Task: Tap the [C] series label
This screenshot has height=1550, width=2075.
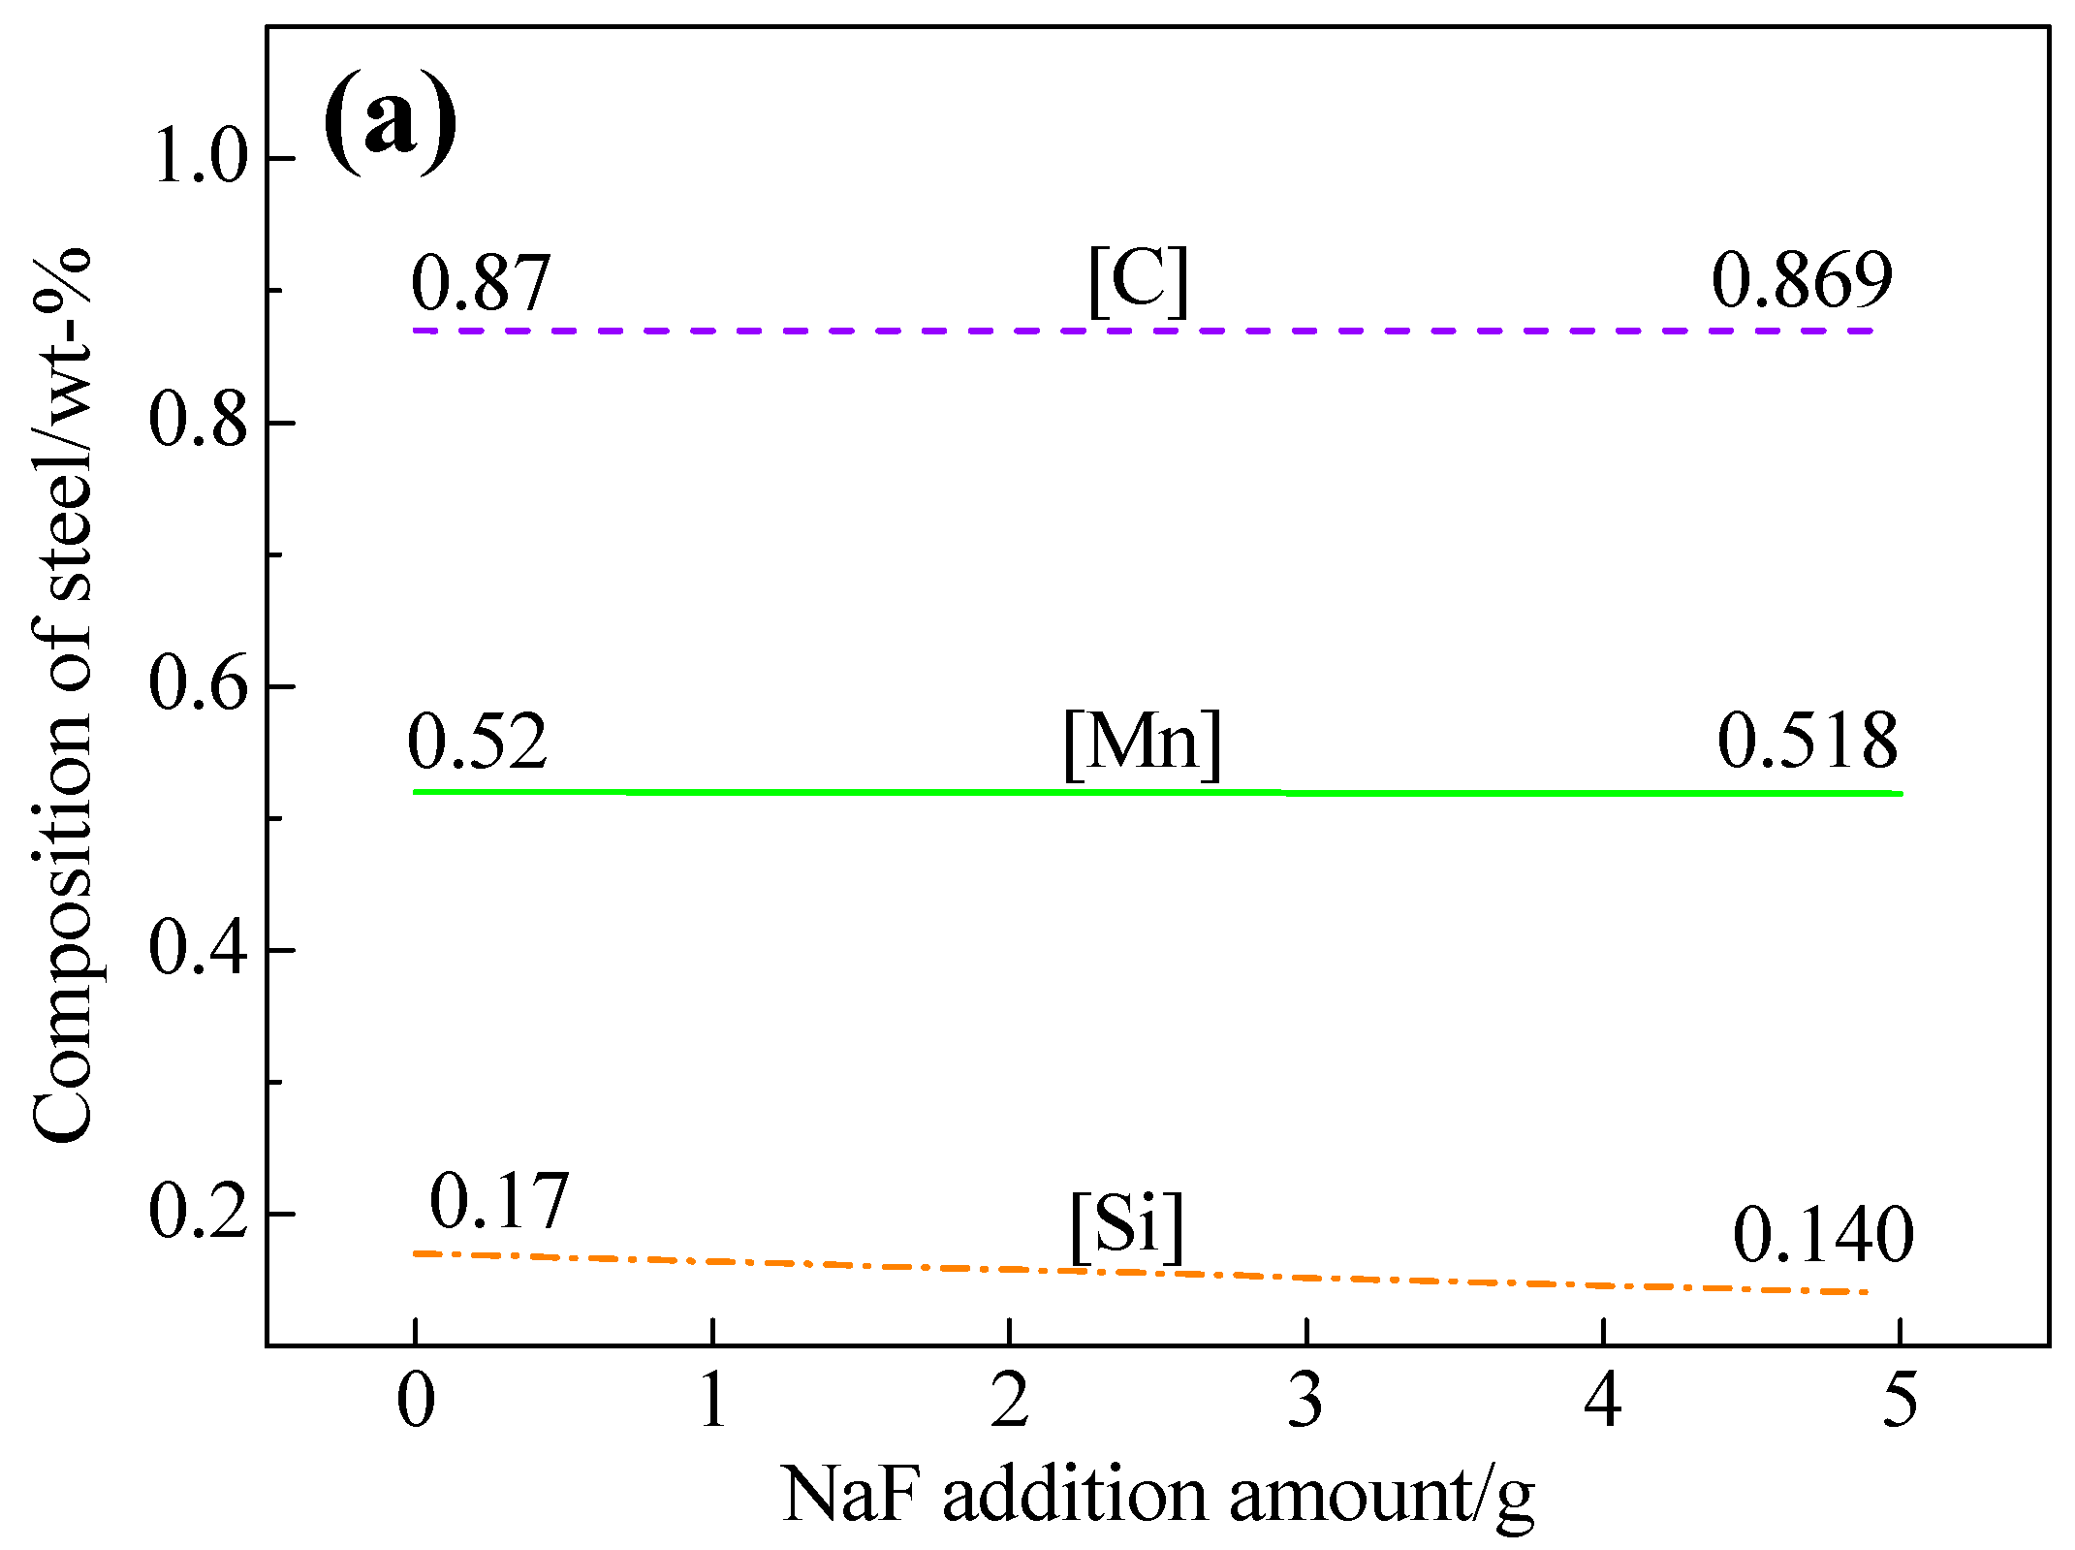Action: coord(1138,281)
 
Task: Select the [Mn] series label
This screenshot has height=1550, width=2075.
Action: coord(1142,743)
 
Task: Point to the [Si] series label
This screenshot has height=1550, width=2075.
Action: coord(1127,1225)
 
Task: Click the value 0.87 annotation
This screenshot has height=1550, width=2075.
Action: coord(481,283)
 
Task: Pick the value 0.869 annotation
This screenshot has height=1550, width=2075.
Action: coord(1801,281)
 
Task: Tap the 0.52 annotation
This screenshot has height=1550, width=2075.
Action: coord(477,743)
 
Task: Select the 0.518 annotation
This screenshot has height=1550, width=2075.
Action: coord(1807,742)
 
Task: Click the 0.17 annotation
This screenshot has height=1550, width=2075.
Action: coord(498,1202)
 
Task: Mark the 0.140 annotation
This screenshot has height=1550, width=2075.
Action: coord(1822,1237)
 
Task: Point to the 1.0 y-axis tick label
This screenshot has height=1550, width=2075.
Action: coord(201,158)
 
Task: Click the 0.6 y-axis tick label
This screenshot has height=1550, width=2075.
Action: coord(199,684)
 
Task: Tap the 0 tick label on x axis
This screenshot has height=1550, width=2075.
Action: coord(416,1402)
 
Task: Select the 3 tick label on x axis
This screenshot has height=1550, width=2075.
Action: coord(1305,1402)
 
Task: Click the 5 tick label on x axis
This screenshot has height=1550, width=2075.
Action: coord(1900,1402)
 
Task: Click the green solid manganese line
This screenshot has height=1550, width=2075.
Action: coord(872,793)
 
